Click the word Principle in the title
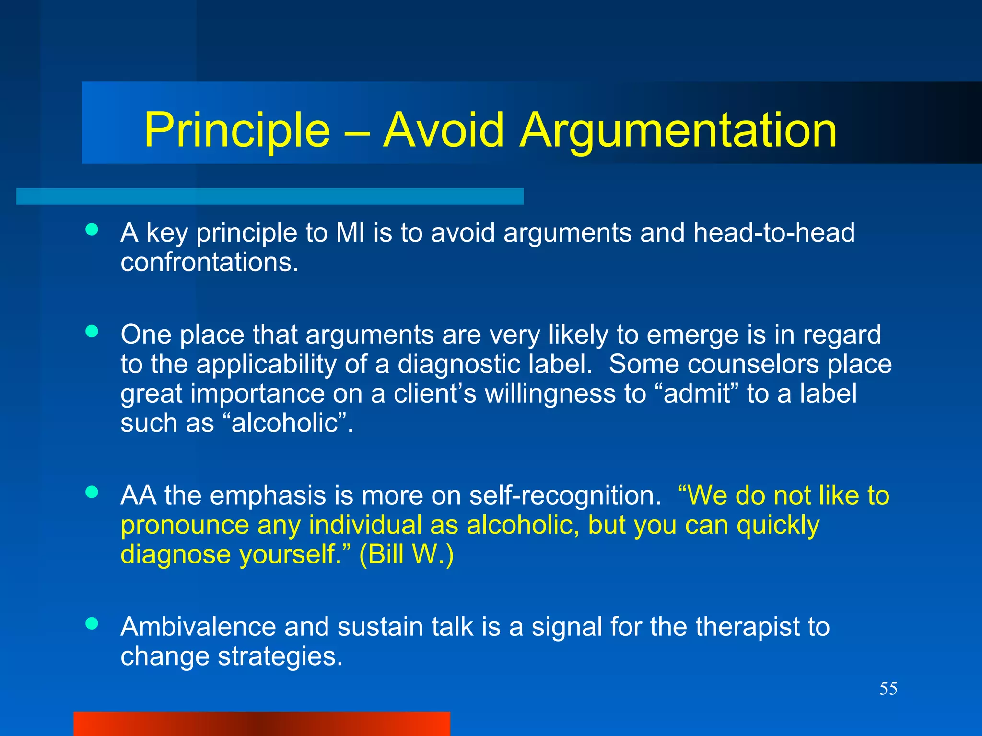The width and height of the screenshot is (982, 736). pos(237,130)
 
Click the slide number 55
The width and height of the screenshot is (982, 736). pos(888,689)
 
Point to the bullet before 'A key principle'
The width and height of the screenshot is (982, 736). pos(92,230)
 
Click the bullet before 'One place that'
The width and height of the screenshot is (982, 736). pos(92,331)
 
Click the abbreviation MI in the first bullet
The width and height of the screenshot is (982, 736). pos(350,233)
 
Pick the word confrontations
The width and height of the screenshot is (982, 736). pos(210,263)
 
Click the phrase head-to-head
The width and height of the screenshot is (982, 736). pos(773,233)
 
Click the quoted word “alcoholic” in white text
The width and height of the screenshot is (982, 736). pos(285,424)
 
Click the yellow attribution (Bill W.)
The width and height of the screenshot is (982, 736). pos(406,555)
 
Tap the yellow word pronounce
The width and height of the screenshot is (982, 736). pos(185,526)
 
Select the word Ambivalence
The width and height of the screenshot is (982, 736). pos(198,627)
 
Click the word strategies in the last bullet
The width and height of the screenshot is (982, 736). pos(280,656)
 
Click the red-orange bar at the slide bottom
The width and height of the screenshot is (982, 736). pos(262,724)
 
